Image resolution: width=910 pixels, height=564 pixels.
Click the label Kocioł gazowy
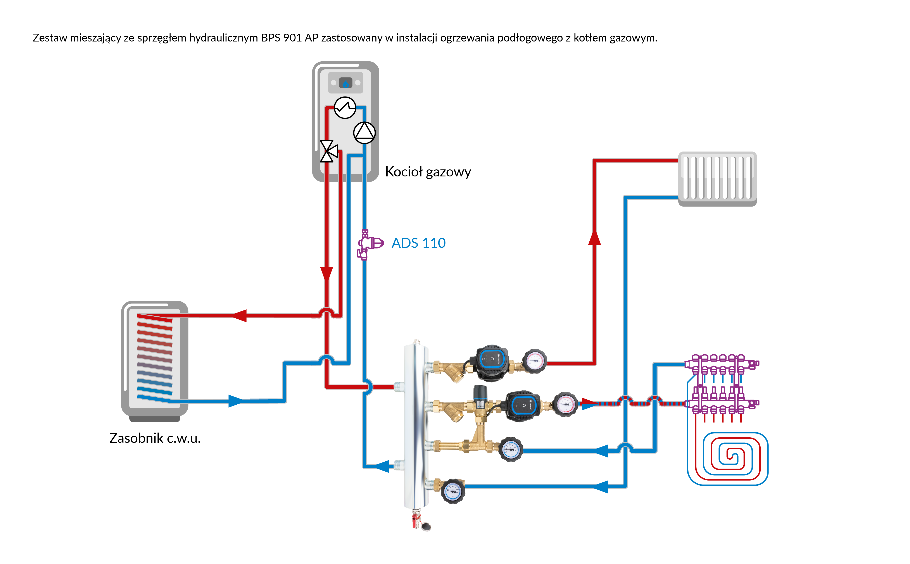pyautogui.click(x=428, y=172)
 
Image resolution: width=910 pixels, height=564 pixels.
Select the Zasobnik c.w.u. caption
pyautogui.click(x=155, y=438)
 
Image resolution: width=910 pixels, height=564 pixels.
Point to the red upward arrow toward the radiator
pyautogui.click(x=594, y=238)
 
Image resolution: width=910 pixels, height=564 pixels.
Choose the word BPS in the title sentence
pyautogui.click(x=270, y=38)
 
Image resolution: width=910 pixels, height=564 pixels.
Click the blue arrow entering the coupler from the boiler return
pyautogui.click(x=382, y=466)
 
